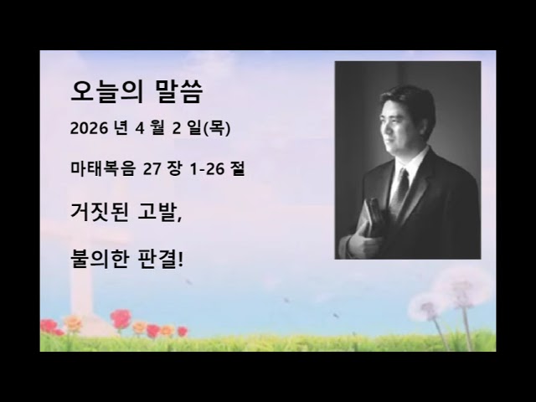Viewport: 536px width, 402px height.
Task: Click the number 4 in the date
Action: tap(137, 130)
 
